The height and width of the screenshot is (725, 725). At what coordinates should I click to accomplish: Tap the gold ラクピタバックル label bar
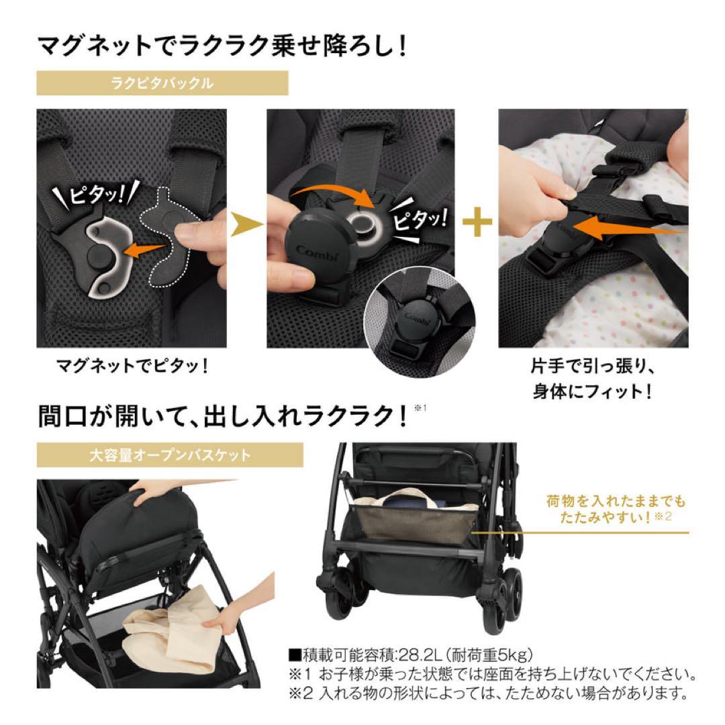pos(162,84)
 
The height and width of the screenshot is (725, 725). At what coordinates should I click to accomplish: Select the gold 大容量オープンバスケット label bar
pos(169,455)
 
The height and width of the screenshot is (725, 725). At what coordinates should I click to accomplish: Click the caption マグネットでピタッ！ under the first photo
pos(132,367)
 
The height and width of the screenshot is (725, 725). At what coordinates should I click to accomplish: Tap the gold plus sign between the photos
pos(477,225)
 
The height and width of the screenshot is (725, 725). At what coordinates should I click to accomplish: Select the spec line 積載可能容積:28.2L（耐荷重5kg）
pos(410,655)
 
